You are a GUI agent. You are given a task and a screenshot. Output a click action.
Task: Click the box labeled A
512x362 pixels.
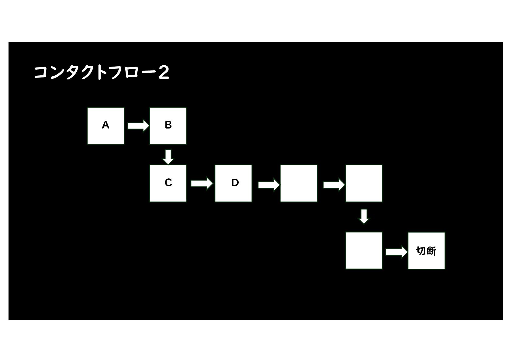point(106,126)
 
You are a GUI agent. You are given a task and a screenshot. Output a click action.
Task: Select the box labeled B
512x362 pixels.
point(168,126)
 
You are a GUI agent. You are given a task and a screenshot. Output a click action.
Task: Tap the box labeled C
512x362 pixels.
point(168,183)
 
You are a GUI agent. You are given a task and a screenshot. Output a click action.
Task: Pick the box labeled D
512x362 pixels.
point(233,183)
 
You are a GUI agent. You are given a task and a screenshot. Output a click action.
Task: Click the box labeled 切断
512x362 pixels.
point(426,250)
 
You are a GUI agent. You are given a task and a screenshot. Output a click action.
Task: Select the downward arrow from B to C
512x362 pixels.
point(168,157)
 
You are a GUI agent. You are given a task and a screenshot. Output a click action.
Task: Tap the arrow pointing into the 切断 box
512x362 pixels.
point(396,252)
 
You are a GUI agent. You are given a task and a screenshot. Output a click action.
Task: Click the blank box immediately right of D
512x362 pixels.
point(298,183)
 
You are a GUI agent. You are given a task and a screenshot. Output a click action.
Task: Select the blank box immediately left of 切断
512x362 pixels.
point(364,250)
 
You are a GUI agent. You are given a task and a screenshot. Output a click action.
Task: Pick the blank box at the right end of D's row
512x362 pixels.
point(364,183)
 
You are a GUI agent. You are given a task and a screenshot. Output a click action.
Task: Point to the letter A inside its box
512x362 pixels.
point(106,125)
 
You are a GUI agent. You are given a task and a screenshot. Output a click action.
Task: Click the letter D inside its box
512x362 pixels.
point(235,183)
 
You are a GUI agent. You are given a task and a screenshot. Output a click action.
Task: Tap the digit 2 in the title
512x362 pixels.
point(164,73)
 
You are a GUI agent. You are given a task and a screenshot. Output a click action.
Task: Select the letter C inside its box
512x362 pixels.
point(168,183)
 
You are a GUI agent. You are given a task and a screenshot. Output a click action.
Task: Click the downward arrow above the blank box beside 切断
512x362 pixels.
point(364,216)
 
